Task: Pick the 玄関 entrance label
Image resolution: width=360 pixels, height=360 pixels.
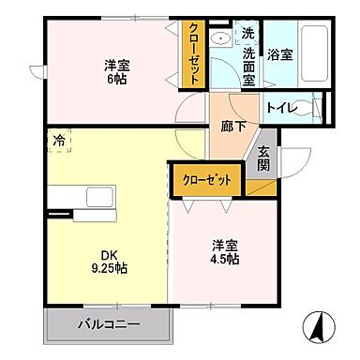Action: click(x=263, y=160)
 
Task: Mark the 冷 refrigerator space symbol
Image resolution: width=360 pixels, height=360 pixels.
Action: click(x=59, y=142)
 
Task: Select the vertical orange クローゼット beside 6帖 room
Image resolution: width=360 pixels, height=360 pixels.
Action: click(x=193, y=53)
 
